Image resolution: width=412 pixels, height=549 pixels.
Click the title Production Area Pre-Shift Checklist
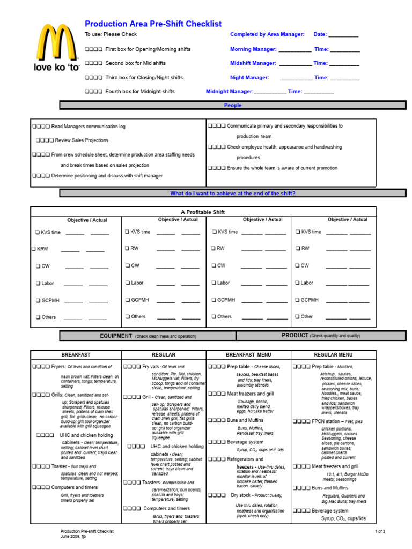coord(153,24)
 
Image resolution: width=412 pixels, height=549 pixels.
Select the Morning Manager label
coord(253,49)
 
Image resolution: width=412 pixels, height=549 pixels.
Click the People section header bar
coord(232,106)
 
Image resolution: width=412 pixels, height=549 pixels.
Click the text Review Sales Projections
coord(82,140)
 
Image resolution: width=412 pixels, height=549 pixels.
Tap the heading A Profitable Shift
coord(204,212)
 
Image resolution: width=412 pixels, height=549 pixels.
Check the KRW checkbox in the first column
coord(32,249)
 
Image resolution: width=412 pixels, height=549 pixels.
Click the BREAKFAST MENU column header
coord(248,355)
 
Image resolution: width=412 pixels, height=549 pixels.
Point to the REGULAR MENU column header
coord(333,355)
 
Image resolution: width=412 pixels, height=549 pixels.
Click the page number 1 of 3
coord(380,531)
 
